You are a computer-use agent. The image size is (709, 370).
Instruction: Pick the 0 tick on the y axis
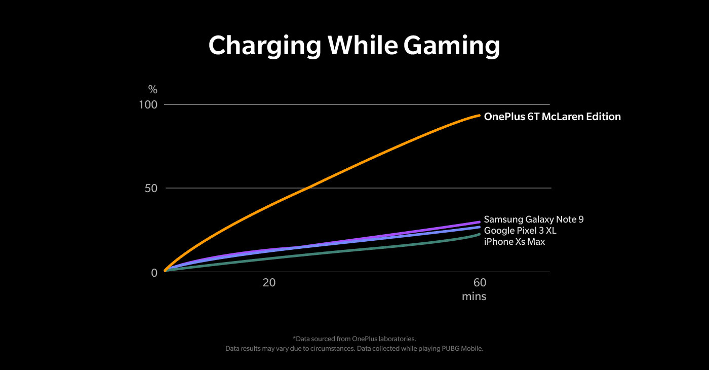[154, 273]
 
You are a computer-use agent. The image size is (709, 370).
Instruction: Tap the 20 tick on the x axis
[269, 283]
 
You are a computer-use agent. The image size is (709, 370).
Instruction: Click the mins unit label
[474, 297]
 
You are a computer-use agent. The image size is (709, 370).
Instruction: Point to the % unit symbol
[153, 90]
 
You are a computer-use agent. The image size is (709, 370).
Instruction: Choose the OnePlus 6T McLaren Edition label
[552, 117]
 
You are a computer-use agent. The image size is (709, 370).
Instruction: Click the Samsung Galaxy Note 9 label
[534, 219]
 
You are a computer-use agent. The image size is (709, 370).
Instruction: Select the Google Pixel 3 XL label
[521, 231]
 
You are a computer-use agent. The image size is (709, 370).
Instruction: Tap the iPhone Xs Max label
[515, 242]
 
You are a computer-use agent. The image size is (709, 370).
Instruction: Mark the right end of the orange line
[479, 116]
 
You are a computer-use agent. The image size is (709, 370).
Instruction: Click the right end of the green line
[479, 234]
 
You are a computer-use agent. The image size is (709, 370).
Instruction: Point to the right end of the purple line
[479, 222]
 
